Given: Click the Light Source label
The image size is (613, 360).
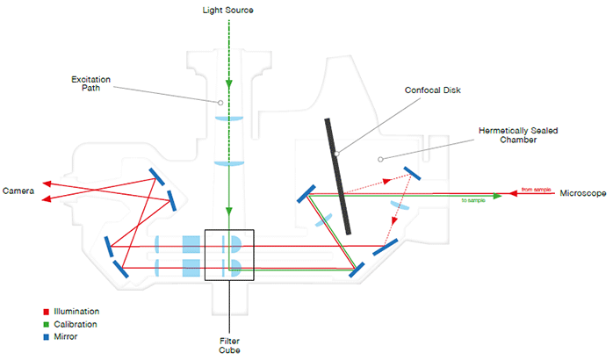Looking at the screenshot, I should (229, 9).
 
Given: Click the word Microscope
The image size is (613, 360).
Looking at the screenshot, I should (583, 192).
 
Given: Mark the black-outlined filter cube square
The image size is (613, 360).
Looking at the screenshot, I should (229, 255).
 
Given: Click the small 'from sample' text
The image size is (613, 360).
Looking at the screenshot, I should (535, 189).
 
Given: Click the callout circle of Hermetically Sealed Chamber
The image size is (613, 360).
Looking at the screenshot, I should (379, 159).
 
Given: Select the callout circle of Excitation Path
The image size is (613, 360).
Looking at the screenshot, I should (221, 102).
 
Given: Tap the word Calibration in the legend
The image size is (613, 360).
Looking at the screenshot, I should (76, 324).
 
